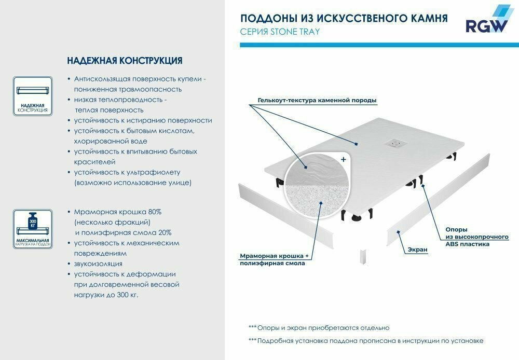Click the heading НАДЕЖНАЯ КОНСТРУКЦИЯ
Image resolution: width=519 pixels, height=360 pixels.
pyautogui.click(x=125, y=61)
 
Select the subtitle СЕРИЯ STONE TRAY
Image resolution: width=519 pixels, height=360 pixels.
pyautogui.click(x=280, y=32)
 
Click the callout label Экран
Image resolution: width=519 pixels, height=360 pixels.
pyautogui.click(x=417, y=250)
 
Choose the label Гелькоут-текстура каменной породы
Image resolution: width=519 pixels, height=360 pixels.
pyautogui.click(x=317, y=100)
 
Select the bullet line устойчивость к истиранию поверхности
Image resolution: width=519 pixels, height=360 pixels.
pyautogui.click(x=143, y=120)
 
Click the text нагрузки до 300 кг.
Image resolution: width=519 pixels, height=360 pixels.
pyautogui.click(x=106, y=295)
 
